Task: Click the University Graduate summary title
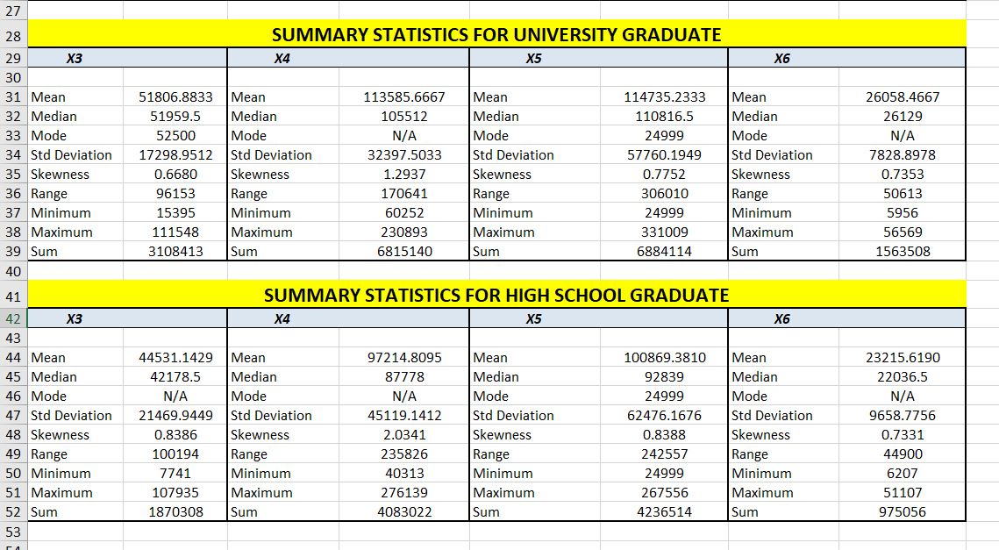pyautogui.click(x=496, y=35)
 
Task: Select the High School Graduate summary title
pyautogui.click(x=496, y=296)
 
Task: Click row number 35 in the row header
pyautogui.click(x=12, y=174)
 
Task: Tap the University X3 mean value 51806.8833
pyautogui.click(x=175, y=97)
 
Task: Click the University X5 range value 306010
pyautogui.click(x=664, y=194)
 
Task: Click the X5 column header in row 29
pyautogui.click(x=534, y=59)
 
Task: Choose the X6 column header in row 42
pyautogui.click(x=781, y=319)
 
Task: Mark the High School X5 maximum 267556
pyautogui.click(x=664, y=493)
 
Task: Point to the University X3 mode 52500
pyautogui.click(x=175, y=136)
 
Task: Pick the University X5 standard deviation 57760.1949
pyautogui.click(x=663, y=155)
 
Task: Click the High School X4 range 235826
pyautogui.click(x=405, y=454)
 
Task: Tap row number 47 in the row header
pyautogui.click(x=12, y=416)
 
